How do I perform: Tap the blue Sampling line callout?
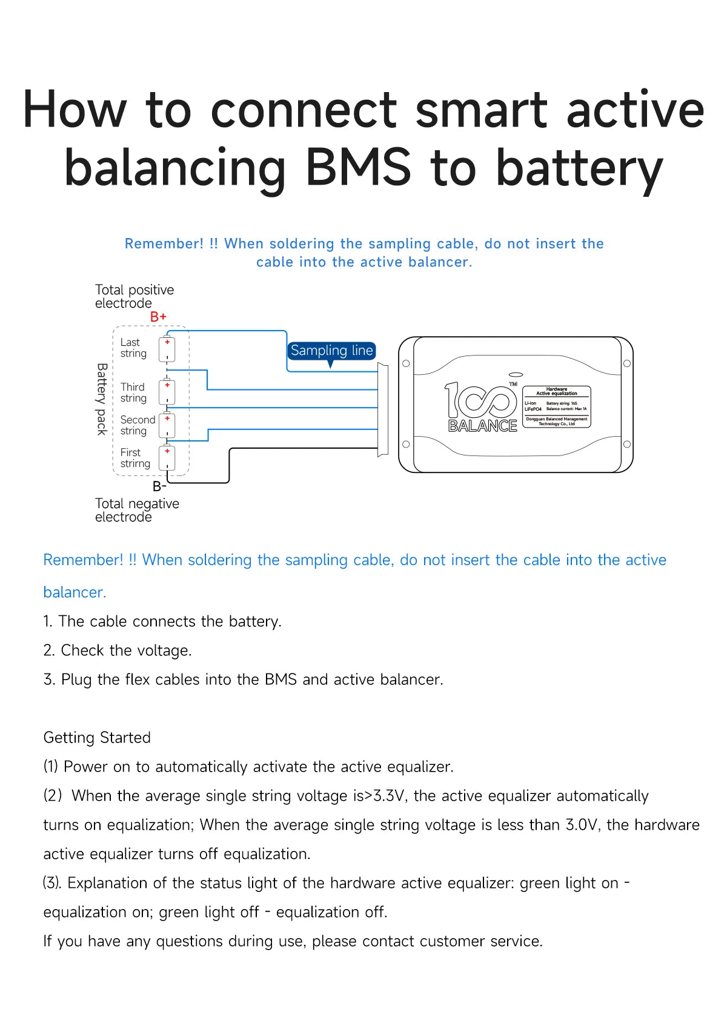point(331,351)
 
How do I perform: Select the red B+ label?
point(158,317)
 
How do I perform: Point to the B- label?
point(159,486)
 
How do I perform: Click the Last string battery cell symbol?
point(167,349)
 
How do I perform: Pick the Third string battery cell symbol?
point(167,392)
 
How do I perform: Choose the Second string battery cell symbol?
point(167,425)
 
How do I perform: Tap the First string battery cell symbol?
point(167,458)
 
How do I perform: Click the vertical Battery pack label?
point(102,399)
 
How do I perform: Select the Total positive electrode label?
point(134,296)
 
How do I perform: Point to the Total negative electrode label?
point(137,510)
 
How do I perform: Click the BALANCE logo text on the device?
point(482,426)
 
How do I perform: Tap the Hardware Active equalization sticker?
point(556,407)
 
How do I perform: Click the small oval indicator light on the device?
point(516,375)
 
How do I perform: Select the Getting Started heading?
point(97,738)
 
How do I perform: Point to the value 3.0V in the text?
point(583,825)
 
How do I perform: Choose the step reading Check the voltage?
point(117,650)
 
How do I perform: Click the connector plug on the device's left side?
point(383,409)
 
